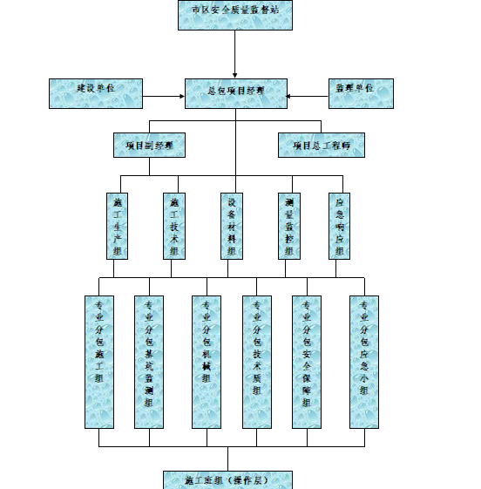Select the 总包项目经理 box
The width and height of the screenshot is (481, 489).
235,93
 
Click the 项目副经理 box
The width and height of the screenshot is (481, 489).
149,145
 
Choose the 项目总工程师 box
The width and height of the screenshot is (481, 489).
322,145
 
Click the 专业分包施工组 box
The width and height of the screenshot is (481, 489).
98,362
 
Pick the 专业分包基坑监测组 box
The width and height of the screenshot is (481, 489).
149,362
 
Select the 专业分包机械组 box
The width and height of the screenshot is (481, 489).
207,362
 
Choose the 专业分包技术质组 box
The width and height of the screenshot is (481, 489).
256,362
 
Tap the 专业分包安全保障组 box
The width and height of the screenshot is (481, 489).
306,362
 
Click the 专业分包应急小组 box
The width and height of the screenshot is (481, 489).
363,362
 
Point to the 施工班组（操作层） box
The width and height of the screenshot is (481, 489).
228,480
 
